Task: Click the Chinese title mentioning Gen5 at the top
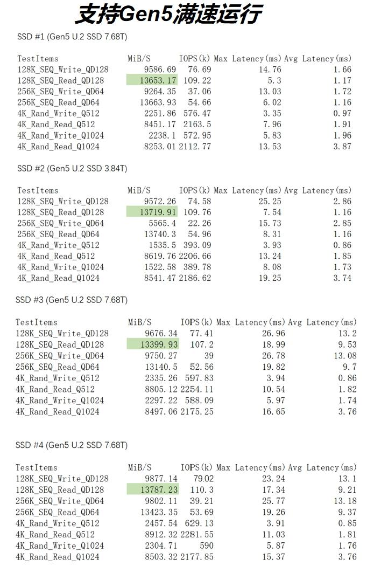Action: click(167, 15)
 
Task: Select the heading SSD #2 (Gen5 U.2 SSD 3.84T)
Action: click(72, 168)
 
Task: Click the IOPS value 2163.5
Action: click(195, 125)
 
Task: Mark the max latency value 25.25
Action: click(270, 201)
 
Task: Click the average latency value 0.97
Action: click(342, 113)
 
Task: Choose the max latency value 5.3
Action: click(274, 80)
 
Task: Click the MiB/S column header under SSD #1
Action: click(139, 58)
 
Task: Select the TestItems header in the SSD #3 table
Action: click(36, 322)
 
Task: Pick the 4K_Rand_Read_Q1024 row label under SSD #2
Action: click(58, 278)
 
